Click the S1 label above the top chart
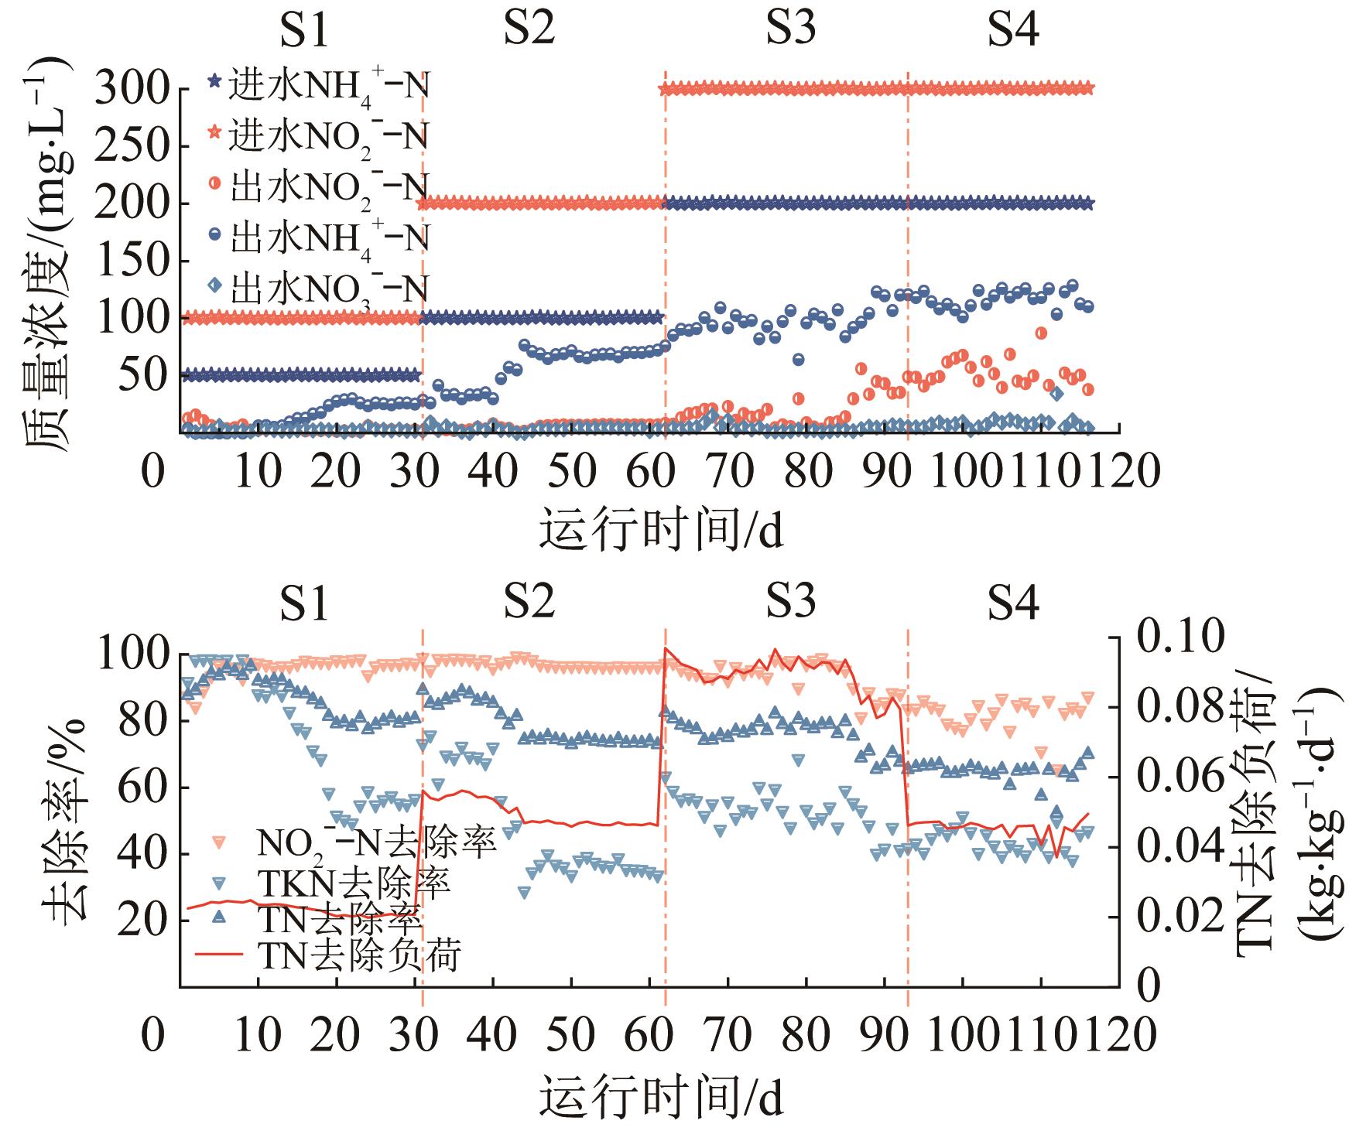304,31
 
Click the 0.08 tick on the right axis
1181,706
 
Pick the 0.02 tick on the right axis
1181,916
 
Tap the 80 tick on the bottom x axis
807,1034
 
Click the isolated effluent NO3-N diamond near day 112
1057,394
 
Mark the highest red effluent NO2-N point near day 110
1041,333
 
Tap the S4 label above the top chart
1013,31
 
